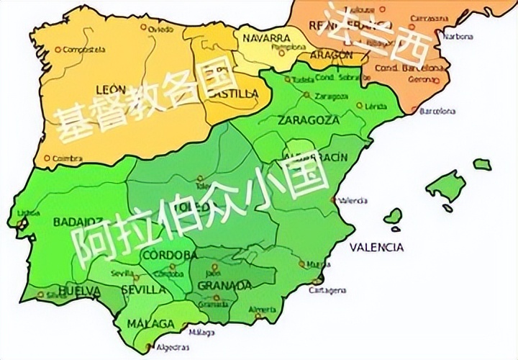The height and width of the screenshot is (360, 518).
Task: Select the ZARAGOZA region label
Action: (x=308, y=120)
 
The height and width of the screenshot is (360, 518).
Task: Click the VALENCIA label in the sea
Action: (x=376, y=247)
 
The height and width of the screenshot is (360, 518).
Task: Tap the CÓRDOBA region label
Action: (x=171, y=255)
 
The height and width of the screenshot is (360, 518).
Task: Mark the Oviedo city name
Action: (x=160, y=29)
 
